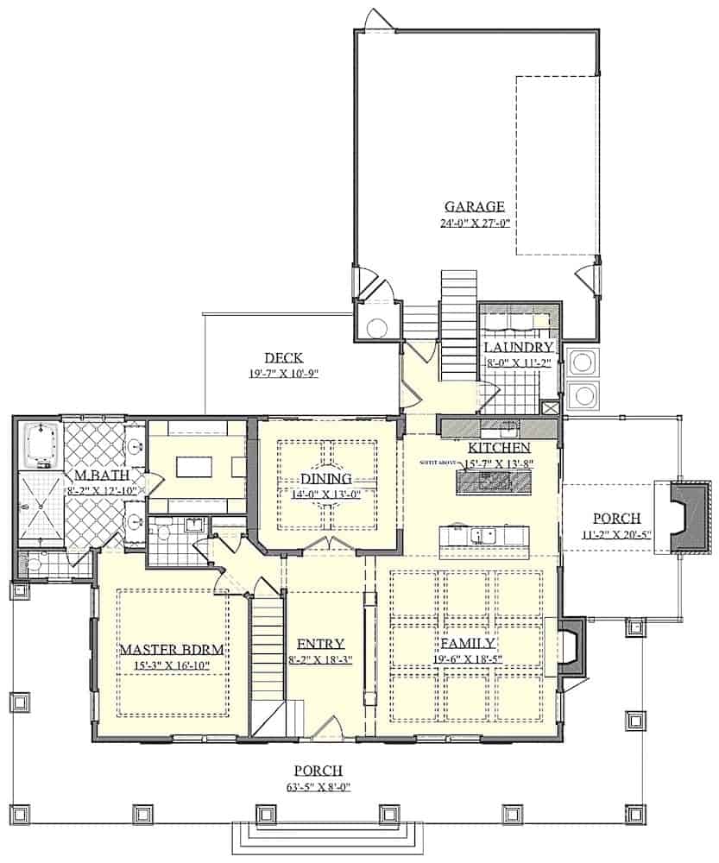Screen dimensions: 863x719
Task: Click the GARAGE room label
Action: [474, 206]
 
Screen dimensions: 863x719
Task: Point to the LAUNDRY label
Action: [519, 347]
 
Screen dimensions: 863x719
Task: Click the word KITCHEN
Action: [498, 449]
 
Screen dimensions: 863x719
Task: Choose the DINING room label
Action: [325, 479]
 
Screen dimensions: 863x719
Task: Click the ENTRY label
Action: [320, 644]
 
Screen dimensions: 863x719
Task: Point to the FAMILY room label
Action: [467, 643]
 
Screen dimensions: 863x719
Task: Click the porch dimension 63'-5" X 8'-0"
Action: [319, 786]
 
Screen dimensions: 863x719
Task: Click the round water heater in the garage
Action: [376, 327]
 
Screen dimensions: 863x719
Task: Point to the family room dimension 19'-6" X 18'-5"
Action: [467, 659]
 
